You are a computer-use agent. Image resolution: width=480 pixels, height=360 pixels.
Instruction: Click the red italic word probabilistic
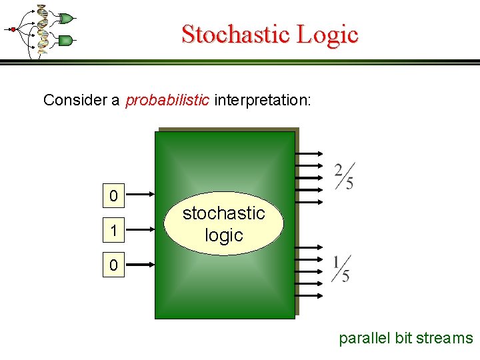[167, 100]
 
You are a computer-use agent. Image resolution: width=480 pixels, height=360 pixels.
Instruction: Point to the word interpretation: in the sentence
[262, 100]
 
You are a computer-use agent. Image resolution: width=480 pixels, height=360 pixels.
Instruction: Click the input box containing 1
[114, 231]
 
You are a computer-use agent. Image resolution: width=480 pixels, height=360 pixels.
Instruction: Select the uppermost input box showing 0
[114, 195]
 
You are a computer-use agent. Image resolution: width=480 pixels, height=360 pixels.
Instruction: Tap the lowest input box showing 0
[114, 265]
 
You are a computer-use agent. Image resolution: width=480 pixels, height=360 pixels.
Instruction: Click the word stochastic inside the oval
[224, 213]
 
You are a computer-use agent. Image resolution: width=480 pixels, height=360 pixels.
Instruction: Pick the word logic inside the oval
[224, 235]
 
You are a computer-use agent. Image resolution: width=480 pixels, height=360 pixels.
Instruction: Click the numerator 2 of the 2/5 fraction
[339, 169]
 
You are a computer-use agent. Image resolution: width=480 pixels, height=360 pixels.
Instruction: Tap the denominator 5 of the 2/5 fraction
[349, 183]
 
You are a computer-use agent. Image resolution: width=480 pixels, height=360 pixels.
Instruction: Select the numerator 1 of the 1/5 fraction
[337, 261]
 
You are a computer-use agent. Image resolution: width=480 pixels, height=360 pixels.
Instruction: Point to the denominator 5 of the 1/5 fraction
[345, 275]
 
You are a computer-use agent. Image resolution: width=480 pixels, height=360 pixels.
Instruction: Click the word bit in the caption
[403, 338]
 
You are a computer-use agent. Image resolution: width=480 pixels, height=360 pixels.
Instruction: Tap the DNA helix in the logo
[42, 29]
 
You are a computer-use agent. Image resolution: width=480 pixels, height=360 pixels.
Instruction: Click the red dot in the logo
[12, 29]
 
